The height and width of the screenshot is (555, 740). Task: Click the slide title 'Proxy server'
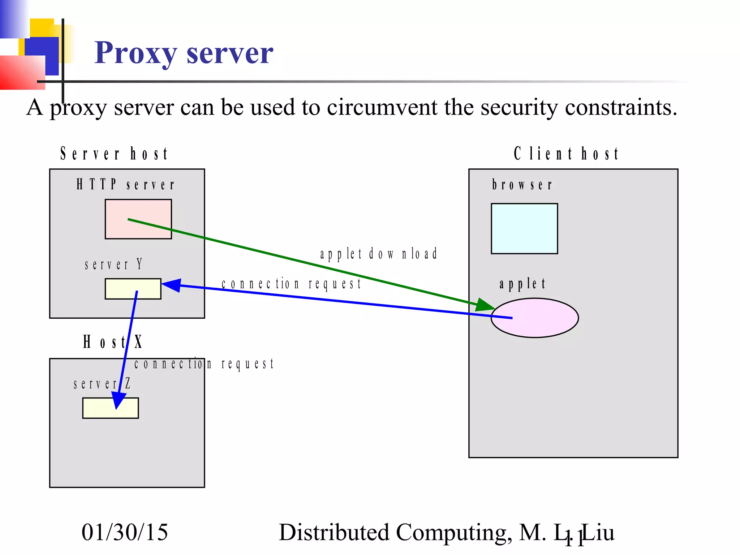tap(184, 53)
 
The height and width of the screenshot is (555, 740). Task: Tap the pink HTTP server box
tap(138, 219)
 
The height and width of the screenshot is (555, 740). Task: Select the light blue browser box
tap(524, 228)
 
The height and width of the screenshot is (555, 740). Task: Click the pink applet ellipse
tap(535, 318)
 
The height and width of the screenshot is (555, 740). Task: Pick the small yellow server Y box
tap(133, 289)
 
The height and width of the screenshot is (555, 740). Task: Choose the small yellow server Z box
tap(110, 408)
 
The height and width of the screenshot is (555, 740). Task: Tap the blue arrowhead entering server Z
tap(118, 400)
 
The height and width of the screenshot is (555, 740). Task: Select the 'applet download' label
tap(379, 254)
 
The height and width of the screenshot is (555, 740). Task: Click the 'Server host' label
tap(114, 154)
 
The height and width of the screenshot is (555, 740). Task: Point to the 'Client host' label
tap(566, 154)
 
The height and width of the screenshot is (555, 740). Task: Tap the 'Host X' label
tap(113, 342)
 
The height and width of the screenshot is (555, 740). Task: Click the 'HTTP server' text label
tap(125, 185)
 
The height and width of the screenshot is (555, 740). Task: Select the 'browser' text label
tap(522, 185)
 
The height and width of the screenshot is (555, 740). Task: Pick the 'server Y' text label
tap(113, 264)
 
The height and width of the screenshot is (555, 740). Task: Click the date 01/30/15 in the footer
tap(125, 532)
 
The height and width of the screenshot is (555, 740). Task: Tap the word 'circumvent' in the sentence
tap(382, 107)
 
